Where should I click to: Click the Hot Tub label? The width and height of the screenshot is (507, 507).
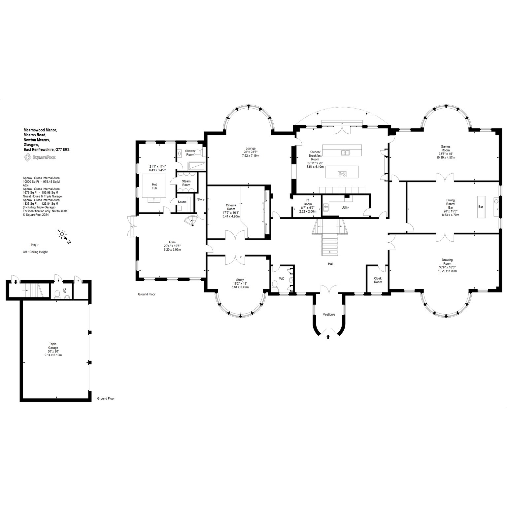[154, 186]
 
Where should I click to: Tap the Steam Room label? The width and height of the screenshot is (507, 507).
[186, 183]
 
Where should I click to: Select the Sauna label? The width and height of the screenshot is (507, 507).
[182, 202]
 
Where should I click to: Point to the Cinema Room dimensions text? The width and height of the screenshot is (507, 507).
[231, 214]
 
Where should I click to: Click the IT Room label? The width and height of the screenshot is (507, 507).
[308, 202]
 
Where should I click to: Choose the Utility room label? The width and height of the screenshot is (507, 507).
[345, 208]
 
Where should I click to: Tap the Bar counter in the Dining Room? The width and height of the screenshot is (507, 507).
[481, 207]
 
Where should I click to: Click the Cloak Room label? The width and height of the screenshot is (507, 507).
[378, 280]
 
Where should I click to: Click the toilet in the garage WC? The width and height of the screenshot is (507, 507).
[57, 294]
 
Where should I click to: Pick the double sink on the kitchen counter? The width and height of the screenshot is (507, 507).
[345, 152]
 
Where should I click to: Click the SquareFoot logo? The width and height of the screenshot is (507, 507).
[40, 157]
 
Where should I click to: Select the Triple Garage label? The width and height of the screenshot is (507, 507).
[53, 346]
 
